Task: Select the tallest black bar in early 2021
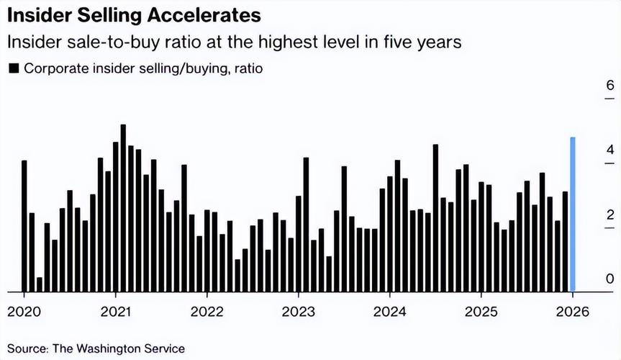[123, 208]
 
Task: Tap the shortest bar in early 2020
[40, 284]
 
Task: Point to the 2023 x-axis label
[297, 312]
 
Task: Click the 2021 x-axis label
[115, 312]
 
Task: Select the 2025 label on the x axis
[480, 312]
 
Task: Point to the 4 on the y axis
[609, 150]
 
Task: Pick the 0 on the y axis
[609, 279]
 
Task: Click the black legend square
[13, 69]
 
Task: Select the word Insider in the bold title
[38, 14]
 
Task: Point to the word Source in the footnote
[27, 348]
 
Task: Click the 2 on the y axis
[609, 215]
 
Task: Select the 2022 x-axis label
[207, 312]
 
